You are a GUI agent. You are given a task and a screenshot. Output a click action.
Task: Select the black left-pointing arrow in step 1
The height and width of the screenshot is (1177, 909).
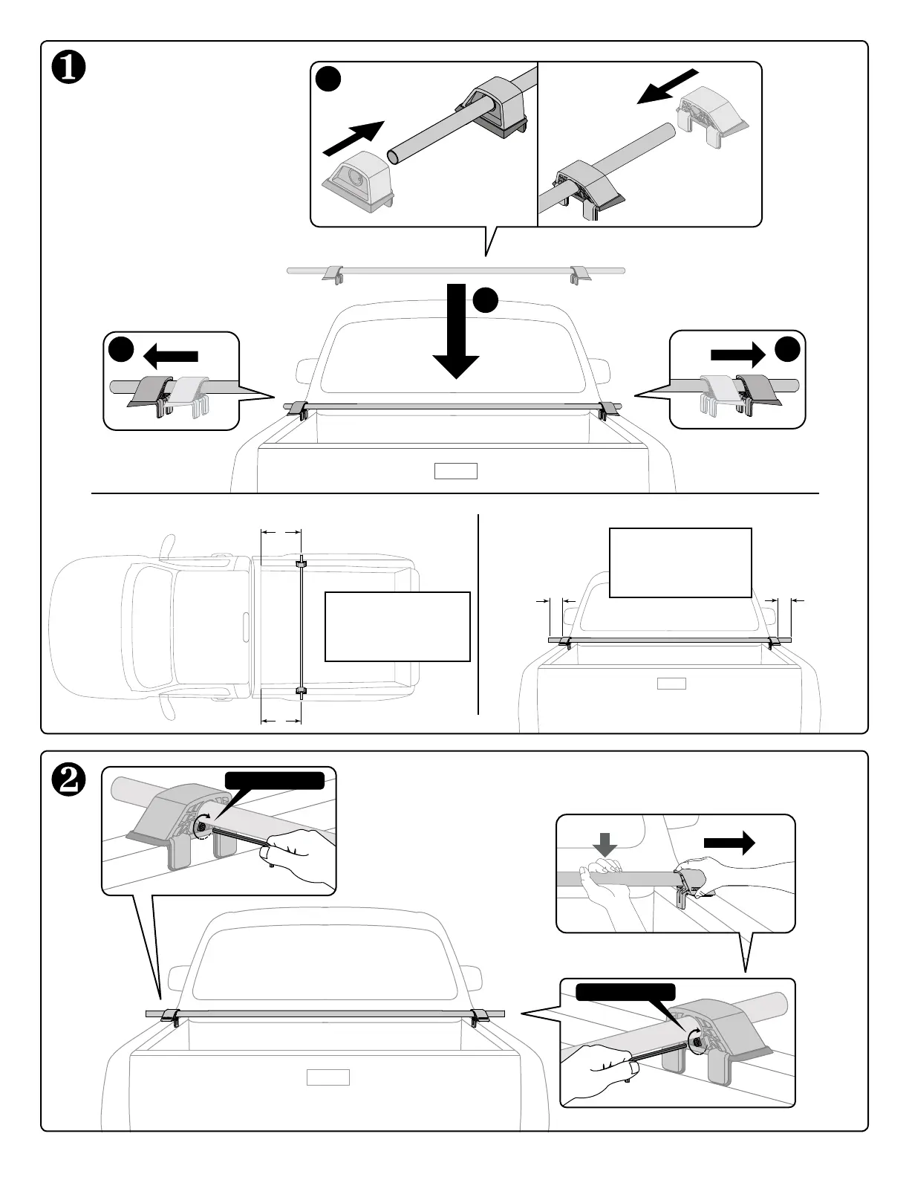pos(170,356)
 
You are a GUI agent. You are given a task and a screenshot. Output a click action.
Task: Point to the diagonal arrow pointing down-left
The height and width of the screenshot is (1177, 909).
pos(668,87)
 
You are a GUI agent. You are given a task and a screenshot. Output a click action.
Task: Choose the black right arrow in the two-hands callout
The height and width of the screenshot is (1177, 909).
pos(729,842)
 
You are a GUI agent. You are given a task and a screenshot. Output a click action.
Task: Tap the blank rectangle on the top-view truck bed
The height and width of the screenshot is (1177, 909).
pos(397,626)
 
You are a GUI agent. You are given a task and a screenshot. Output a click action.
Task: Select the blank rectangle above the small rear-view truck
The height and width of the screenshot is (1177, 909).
pos(680,562)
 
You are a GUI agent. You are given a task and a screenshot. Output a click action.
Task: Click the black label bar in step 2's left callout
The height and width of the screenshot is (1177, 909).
pos(275,779)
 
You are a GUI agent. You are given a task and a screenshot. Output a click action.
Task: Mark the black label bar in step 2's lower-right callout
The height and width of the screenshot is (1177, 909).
pos(626,992)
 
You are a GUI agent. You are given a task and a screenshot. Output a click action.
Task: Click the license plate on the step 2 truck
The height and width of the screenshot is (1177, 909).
pos(328,1077)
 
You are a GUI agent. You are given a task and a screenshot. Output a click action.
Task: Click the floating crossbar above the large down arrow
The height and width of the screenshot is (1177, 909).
pos(455,270)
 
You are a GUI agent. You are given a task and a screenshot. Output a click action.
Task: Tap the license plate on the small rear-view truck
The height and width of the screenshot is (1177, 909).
pos(671,684)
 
